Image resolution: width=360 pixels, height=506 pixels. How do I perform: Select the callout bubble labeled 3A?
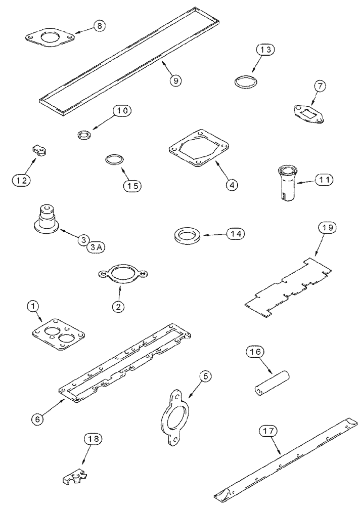coord(96,247)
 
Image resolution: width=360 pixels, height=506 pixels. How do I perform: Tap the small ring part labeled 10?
coord(83,135)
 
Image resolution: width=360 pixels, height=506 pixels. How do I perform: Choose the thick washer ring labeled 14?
coord(187,235)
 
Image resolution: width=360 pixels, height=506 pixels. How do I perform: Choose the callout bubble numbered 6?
coord(38,418)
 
